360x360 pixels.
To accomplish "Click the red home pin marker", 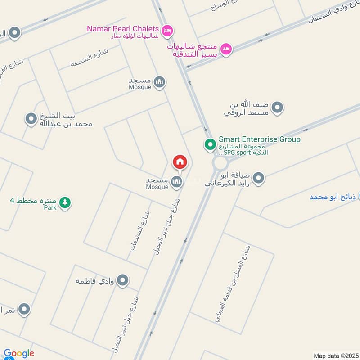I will point(180,162).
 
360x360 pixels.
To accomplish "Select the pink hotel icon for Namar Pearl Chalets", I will point(167,30).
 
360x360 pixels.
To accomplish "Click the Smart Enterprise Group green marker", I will point(210,144).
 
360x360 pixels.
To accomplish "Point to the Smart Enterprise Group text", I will point(259,139).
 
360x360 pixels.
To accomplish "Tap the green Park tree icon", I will point(66,202).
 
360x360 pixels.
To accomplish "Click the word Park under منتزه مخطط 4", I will point(50,208).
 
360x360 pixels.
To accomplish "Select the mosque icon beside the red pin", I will point(176,182).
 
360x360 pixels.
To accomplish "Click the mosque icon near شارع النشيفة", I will point(159,82).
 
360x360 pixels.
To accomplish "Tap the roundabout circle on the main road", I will point(220,163).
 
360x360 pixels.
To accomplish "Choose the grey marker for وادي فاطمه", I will point(122,281).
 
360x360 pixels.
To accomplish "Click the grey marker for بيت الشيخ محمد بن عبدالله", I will point(31,119).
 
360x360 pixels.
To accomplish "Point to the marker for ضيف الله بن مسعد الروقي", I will point(278,108).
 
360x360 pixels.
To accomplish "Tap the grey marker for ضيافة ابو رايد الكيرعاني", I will point(258,179).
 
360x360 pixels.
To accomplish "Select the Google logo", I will point(18,354).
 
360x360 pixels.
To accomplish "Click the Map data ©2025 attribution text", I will point(336,355).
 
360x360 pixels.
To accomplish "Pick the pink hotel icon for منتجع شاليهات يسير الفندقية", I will point(226,48).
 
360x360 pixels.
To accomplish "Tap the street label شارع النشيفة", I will point(90,58).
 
